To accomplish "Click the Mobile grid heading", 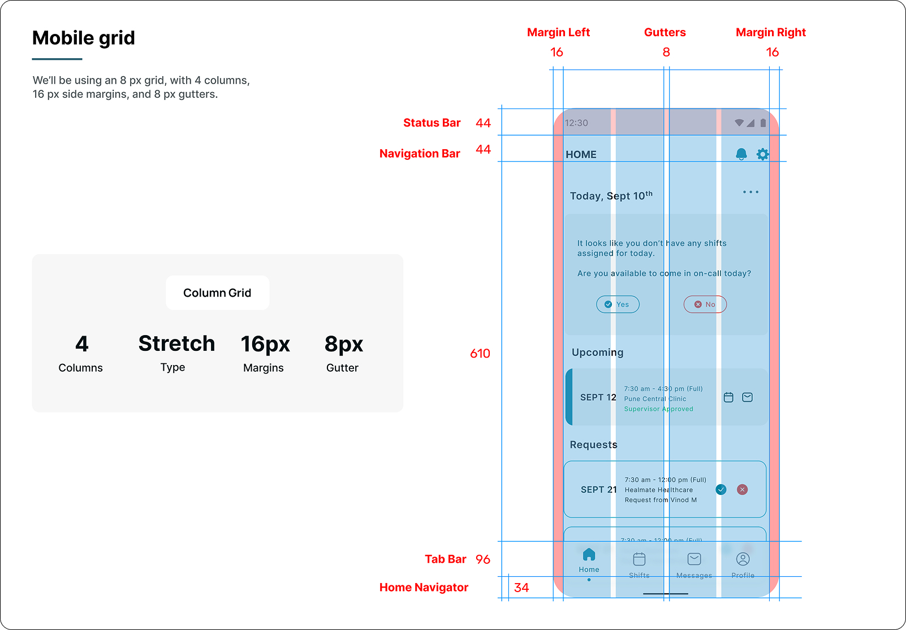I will click(x=84, y=38).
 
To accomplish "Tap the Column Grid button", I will click(x=217, y=293).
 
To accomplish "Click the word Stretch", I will click(x=176, y=344).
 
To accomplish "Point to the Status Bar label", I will click(x=432, y=123).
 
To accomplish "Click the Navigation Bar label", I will click(x=420, y=153).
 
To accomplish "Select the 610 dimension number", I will click(x=480, y=353).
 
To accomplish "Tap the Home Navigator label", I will click(x=424, y=587).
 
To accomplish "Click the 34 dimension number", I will click(x=521, y=588).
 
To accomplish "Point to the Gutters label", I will click(x=665, y=32).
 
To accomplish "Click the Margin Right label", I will click(x=770, y=32).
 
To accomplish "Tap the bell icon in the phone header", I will click(x=741, y=154).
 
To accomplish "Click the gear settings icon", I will click(x=762, y=154).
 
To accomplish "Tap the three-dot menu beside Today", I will click(x=750, y=192).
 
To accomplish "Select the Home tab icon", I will click(x=589, y=554).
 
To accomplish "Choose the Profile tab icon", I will click(x=743, y=559).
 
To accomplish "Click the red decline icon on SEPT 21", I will click(x=742, y=489).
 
